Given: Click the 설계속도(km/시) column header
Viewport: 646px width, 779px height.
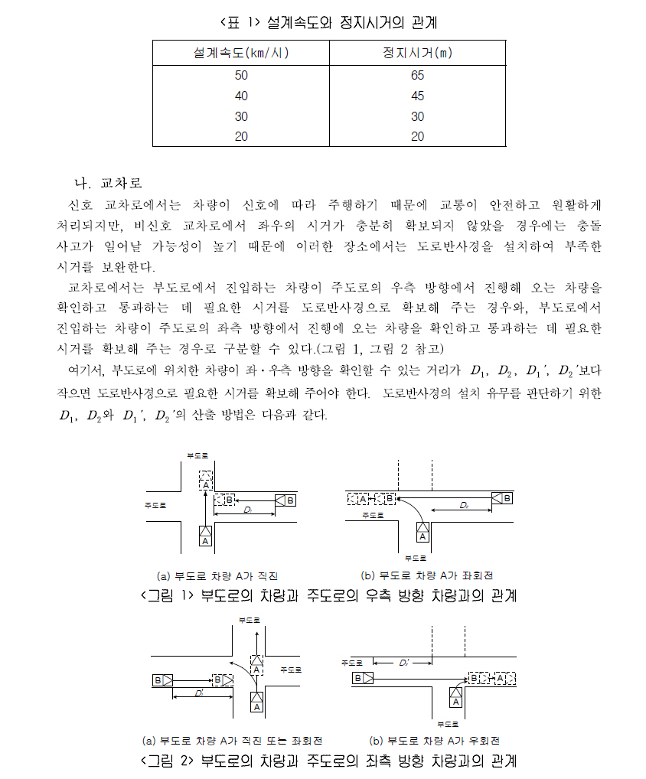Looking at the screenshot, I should click(241, 53).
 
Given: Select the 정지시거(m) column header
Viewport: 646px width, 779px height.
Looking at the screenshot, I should click(417, 53).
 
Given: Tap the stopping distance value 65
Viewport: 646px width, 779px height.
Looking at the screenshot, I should click(417, 76).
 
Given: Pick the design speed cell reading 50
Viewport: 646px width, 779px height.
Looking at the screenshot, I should click(241, 76).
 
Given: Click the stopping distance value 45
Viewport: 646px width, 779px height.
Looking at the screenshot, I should click(417, 96).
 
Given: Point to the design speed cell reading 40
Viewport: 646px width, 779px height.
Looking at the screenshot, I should click(241, 96).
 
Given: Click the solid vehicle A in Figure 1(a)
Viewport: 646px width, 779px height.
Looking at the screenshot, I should click(204, 536).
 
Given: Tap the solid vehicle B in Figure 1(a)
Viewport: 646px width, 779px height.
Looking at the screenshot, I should click(285, 500).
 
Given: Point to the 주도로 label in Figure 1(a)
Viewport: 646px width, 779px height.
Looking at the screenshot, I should click(155, 505).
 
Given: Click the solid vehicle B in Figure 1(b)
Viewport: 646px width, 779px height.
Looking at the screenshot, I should click(503, 498).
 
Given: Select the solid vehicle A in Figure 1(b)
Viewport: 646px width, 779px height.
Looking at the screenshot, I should click(423, 531).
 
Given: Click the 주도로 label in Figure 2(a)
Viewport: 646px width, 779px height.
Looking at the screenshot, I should click(291, 669).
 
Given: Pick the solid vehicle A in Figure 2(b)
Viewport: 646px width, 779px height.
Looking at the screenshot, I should click(455, 696).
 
